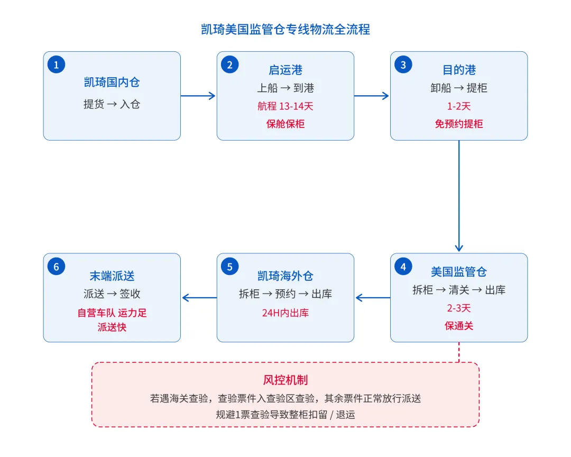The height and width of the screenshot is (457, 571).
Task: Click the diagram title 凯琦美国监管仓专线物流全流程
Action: pyautogui.click(x=285, y=29)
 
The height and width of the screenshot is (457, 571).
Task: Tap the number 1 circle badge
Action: pyautogui.click(x=56, y=65)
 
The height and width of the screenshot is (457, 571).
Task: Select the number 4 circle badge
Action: pyautogui.click(x=403, y=267)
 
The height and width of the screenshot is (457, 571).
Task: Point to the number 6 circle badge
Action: pyautogui.click(x=56, y=267)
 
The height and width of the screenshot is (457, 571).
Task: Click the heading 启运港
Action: pyautogui.click(x=285, y=70)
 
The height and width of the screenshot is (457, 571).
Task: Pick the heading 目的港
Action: pyautogui.click(x=459, y=70)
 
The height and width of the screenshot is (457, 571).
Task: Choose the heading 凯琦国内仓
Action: pyautogui.click(x=112, y=82)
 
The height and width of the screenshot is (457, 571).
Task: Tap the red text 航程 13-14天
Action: pyautogui.click(x=285, y=106)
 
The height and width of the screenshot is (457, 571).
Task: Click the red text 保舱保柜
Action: pyautogui.click(x=285, y=124)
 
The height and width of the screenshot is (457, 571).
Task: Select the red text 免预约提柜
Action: pyautogui.click(x=459, y=124)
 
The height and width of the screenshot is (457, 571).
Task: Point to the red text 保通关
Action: pyautogui.click(x=459, y=325)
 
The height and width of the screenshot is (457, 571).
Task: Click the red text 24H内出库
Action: pyautogui.click(x=285, y=313)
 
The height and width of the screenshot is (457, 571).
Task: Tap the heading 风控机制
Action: pyautogui.click(x=285, y=380)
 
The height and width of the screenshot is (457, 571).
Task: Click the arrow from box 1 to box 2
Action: pyautogui.click(x=198, y=96)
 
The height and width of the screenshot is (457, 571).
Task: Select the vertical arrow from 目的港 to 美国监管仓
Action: pyautogui.click(x=459, y=196)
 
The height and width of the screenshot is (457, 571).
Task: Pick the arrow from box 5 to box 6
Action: pyautogui.click(x=199, y=298)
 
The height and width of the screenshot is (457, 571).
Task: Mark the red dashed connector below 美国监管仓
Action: pyautogui.click(x=459, y=352)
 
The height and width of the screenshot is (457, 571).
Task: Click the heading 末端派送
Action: pyautogui.click(x=112, y=276)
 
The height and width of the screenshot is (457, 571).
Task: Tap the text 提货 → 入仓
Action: pyautogui.click(x=112, y=104)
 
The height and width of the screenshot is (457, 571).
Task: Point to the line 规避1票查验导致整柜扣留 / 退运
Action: pyautogui.click(x=285, y=415)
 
